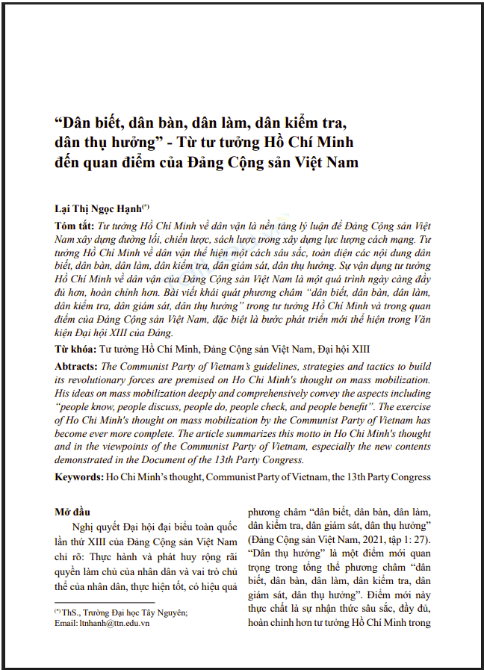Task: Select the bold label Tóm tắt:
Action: [x=75, y=225]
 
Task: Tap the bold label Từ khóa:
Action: [x=75, y=350]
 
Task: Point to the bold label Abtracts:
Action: [x=76, y=367]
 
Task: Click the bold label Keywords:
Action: [x=79, y=476]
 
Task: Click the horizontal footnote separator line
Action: [x=105, y=602]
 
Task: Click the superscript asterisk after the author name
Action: [x=146, y=205]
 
